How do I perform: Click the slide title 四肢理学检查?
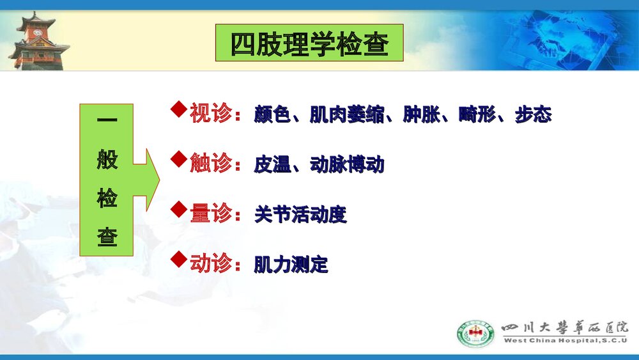[x=309, y=43]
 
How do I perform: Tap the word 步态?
[x=533, y=116]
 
